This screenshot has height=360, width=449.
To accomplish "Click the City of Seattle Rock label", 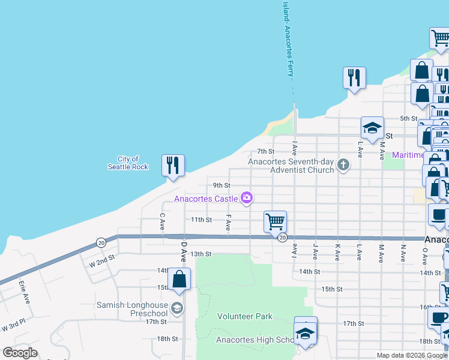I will coord(128,163).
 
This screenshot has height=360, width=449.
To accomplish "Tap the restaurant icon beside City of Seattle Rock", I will coord(173,165).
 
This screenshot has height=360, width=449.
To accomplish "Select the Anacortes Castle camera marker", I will coord(246,197).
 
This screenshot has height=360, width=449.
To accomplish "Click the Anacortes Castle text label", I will coord(206,199).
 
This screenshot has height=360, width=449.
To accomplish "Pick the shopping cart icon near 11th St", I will coord(275,221).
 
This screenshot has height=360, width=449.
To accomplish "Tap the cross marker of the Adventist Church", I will coord(343,164).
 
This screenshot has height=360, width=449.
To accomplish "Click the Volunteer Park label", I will coord(245,316).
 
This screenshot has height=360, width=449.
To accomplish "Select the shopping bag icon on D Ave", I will coord(179,279).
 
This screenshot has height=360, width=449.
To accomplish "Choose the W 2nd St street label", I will coord(101,263).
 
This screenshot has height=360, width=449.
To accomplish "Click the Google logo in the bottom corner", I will coord(20,353).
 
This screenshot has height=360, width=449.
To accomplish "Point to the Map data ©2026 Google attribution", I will coord(411,355).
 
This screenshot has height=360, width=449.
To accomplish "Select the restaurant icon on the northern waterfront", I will coord(354,77).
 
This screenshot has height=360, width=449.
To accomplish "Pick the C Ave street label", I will coord(162,221).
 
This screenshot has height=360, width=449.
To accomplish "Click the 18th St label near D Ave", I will coord(167,339).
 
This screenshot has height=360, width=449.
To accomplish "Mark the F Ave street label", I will coord(228,222).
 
